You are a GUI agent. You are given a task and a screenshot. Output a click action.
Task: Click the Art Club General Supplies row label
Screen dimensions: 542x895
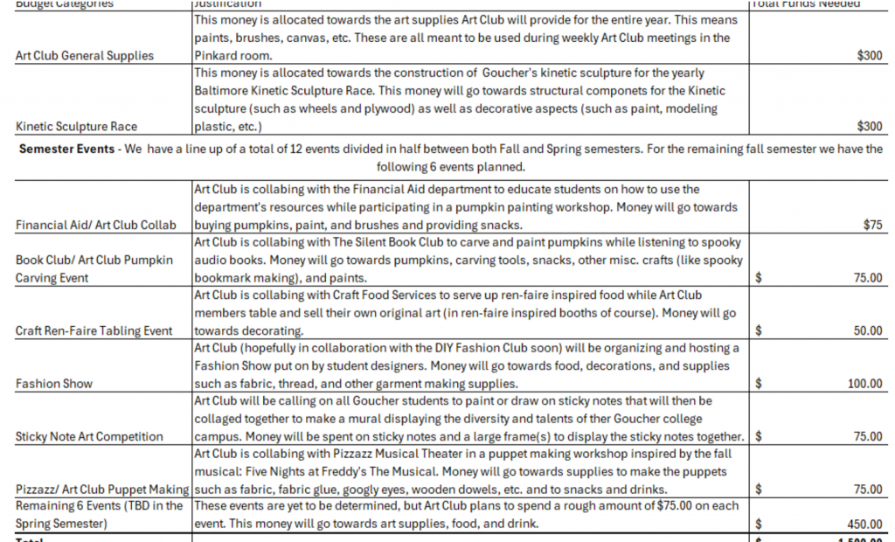tap(85, 56)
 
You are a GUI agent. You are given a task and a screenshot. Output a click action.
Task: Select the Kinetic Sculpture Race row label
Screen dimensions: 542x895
tap(76, 127)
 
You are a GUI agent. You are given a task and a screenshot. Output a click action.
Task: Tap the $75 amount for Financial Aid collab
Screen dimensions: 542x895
tap(872, 225)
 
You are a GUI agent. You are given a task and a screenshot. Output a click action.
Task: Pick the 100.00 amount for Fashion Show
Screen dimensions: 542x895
tap(864, 384)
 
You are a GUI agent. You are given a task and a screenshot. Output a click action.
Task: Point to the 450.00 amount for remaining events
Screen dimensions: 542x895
tap(864, 524)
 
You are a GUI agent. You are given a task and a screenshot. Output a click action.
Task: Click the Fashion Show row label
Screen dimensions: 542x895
tap(54, 384)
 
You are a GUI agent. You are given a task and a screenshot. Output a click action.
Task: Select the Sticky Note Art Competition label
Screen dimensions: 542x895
tap(89, 436)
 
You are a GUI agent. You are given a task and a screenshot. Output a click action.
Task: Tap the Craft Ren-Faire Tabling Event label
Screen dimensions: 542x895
tap(94, 331)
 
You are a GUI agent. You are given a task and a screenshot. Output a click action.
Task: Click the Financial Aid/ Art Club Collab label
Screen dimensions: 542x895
tap(95, 225)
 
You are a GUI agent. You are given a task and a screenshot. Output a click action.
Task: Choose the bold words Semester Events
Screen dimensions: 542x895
tap(67, 149)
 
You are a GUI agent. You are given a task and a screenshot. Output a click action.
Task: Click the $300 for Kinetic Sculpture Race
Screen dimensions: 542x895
tap(870, 127)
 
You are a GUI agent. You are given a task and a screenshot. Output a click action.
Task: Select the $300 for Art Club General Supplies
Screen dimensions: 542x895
tap(870, 56)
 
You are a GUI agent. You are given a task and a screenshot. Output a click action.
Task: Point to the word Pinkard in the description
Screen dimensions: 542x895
tap(215, 56)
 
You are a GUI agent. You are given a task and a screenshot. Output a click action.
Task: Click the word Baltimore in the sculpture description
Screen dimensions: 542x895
tap(224, 91)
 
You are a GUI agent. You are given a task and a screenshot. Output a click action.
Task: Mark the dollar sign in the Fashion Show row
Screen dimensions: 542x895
tap(759, 384)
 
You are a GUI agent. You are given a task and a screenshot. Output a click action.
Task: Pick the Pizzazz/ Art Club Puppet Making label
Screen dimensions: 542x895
tap(102, 489)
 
